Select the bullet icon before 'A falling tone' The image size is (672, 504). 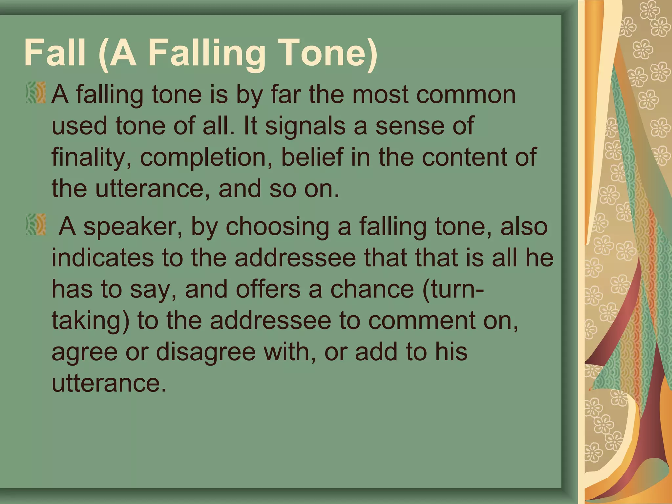coord(36,93)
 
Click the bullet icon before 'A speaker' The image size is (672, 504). coord(36,224)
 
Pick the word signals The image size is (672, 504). coord(305,126)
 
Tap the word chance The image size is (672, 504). coord(372,289)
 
